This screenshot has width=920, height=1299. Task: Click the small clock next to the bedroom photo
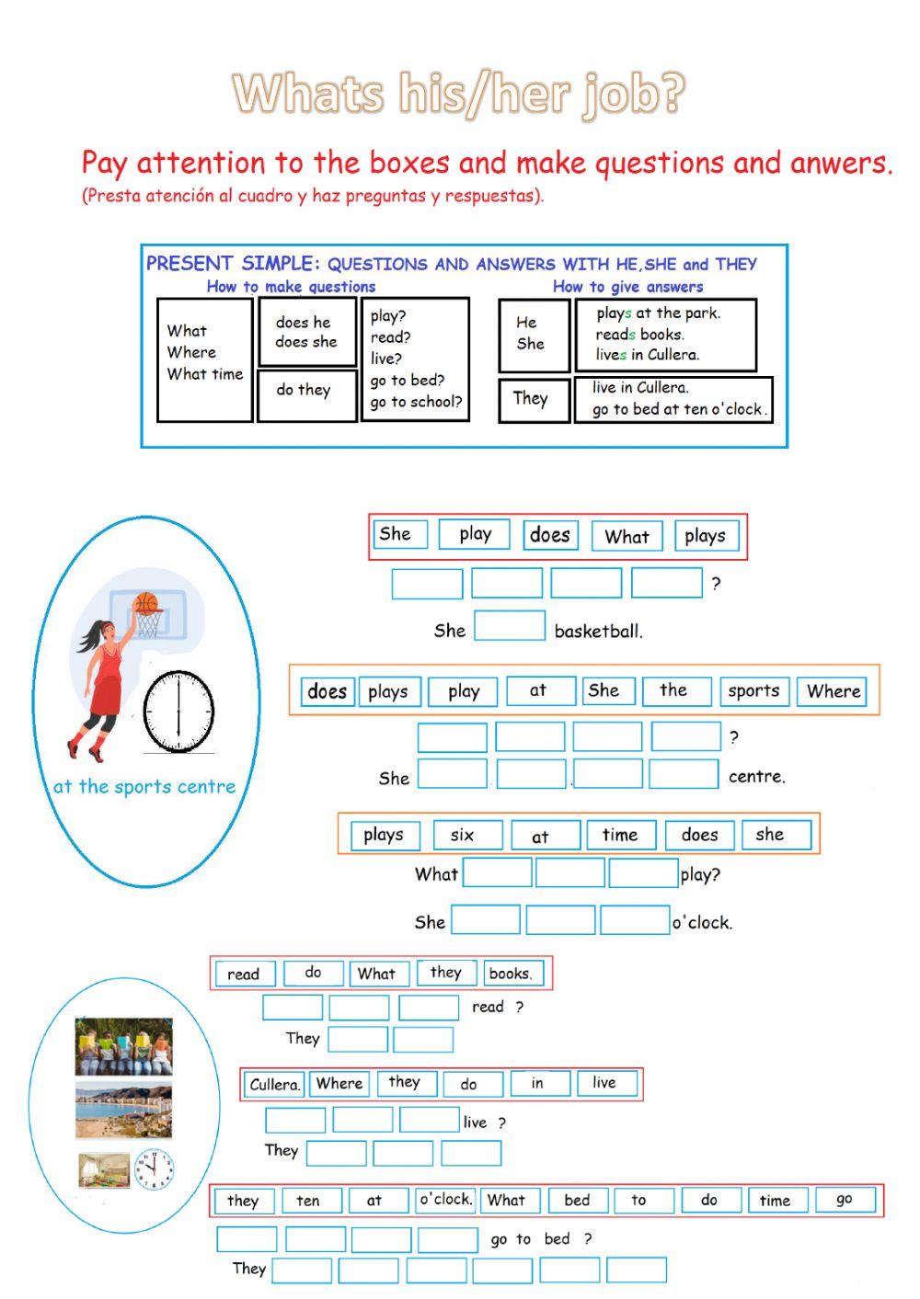pyautogui.click(x=154, y=1169)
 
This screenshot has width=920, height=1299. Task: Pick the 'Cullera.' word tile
pyautogui.click(x=274, y=1084)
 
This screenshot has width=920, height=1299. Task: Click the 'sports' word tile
pyautogui.click(x=753, y=691)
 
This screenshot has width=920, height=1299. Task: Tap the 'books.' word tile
pyautogui.click(x=511, y=973)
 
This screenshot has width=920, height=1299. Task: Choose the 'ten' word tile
pyautogui.click(x=308, y=1201)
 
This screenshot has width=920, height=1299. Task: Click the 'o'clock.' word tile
pyautogui.click(x=445, y=1200)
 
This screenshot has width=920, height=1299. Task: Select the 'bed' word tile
pyautogui.click(x=577, y=1200)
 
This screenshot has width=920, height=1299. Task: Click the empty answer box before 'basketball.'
pyautogui.click(x=509, y=626)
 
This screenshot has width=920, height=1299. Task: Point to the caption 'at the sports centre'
pyautogui.click(x=144, y=787)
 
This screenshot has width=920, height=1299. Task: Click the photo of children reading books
pyautogui.click(x=123, y=1046)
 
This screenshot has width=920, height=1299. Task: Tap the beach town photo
pyautogui.click(x=123, y=1111)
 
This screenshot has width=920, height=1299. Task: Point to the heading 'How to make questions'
pyautogui.click(x=291, y=287)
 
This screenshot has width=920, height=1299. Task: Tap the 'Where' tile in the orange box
pyautogui.click(x=834, y=691)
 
